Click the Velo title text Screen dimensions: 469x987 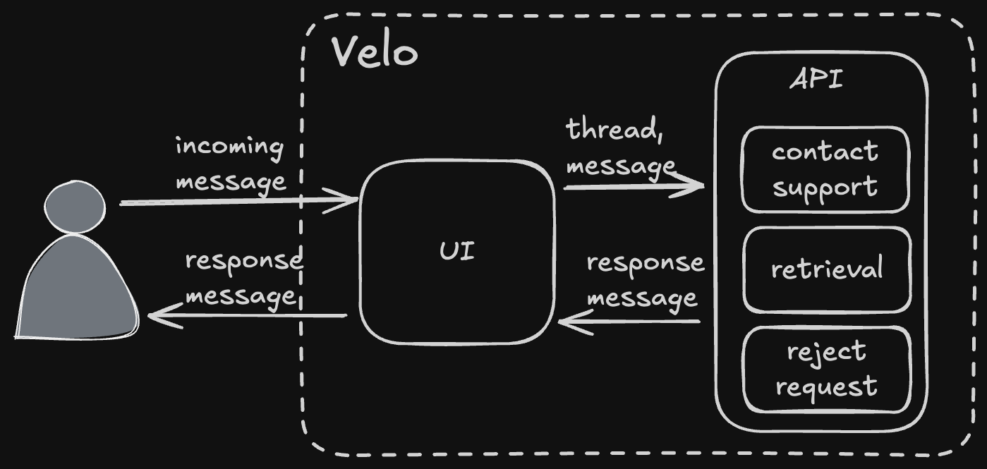[x=374, y=51]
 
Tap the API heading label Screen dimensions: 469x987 [x=816, y=80]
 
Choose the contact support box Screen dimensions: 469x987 [x=825, y=169]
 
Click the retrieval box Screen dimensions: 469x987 [x=826, y=269]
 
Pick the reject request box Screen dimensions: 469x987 [x=826, y=369]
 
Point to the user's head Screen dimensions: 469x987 [x=75, y=206]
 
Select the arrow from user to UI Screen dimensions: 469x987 [x=240, y=201]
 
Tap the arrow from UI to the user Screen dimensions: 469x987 [x=247, y=315]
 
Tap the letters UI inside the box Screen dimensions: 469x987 [x=457, y=252]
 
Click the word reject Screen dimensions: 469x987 [x=826, y=351]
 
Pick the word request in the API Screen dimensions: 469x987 [x=826, y=386]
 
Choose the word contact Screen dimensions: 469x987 [x=825, y=151]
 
